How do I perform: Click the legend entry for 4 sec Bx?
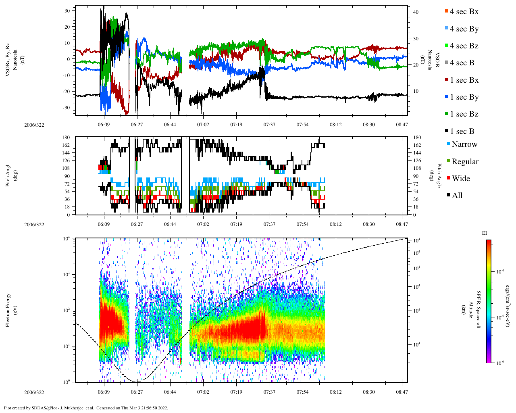tap(464, 12)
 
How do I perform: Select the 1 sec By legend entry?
tap(464, 97)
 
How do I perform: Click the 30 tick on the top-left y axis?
tap(67, 10)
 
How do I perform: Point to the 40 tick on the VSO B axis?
tap(416, 12)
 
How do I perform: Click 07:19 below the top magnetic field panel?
tap(236, 125)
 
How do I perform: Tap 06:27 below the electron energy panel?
tap(137, 392)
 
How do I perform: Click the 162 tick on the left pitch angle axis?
tap(66, 145)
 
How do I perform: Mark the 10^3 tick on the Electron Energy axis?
tap(66, 274)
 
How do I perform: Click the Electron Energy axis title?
tap(8, 310)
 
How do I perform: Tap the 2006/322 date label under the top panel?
tap(34, 125)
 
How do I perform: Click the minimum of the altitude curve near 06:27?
tap(137, 382)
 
